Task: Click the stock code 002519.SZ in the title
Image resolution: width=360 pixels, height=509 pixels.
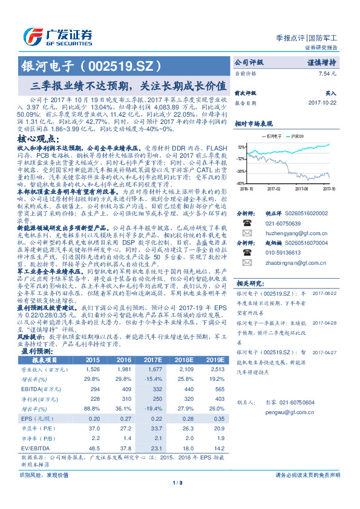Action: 128,64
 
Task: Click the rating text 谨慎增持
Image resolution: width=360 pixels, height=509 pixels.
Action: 320,62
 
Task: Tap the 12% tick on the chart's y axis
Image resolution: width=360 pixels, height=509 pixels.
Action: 241,146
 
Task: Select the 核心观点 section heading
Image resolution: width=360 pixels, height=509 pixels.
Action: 42,139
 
